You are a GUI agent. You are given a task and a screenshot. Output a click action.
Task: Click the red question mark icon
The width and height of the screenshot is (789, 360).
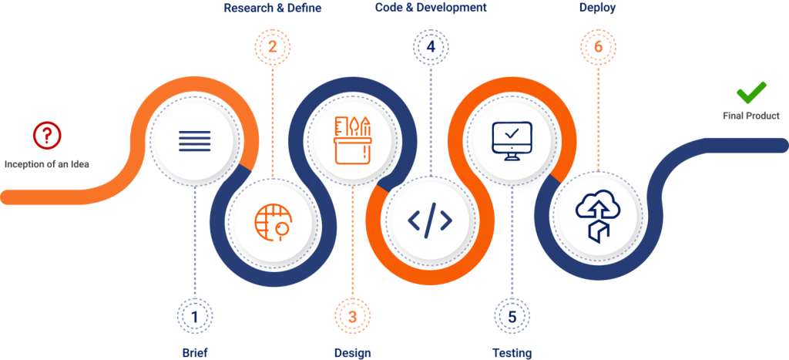[47, 134]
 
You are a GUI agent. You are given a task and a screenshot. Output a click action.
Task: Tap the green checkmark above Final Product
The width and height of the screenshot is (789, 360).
[751, 93]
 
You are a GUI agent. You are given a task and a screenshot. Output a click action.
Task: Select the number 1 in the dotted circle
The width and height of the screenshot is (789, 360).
[195, 316]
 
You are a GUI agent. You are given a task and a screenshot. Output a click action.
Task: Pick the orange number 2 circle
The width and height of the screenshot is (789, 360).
[272, 47]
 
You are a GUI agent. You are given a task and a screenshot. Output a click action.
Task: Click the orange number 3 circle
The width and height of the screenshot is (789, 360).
[353, 316]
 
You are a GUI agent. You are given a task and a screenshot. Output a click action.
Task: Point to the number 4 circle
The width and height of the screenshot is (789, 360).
[431, 47]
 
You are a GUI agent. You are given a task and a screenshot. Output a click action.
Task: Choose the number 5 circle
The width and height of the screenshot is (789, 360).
[512, 316]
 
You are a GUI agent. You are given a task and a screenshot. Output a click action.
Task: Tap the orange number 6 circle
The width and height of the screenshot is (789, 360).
[598, 47]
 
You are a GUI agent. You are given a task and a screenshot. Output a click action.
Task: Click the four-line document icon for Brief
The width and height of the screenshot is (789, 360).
[195, 140]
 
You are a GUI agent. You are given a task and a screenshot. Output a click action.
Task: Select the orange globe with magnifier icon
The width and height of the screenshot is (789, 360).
[272, 220]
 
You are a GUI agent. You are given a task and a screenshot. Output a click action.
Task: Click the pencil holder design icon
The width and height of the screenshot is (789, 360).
[353, 140]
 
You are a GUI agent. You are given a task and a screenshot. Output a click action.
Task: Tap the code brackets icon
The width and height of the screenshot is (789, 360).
[430, 220]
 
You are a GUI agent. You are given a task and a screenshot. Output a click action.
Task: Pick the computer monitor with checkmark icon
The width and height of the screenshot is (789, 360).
[512, 140]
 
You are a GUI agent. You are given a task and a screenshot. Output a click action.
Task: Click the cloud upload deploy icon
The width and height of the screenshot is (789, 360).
[597, 217]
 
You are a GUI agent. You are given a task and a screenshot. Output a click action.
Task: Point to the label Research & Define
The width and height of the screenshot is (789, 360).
[272, 8]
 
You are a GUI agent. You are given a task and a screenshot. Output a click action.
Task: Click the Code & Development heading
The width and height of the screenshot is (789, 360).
[431, 8]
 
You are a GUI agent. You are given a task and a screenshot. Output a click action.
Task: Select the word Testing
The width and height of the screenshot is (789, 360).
[512, 353]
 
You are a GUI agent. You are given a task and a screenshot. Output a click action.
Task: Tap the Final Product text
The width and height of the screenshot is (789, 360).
[751, 116]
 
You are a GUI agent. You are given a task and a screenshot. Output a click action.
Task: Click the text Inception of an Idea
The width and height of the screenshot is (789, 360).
[47, 164]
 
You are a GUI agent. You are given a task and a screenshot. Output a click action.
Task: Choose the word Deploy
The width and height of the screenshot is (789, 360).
[597, 8]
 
